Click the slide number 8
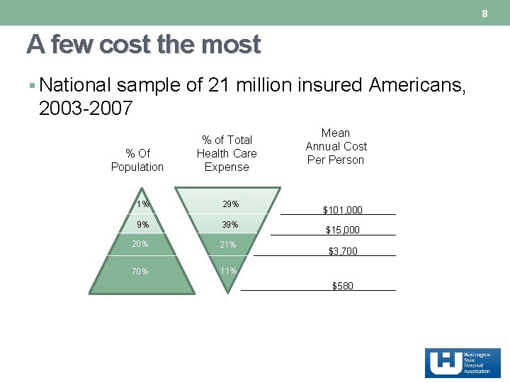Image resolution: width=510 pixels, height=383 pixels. click(485, 14)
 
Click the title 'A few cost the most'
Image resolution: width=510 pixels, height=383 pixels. click(144, 45)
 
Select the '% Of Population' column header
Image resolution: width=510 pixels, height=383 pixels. click(137, 160)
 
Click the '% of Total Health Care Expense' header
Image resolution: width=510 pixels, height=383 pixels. click(227, 153)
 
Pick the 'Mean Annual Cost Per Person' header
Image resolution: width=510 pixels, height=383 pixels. click(336, 147)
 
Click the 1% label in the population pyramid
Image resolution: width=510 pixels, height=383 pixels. click(143, 204)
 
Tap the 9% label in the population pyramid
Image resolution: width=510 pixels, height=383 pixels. click(143, 226)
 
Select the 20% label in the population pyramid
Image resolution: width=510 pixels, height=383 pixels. click(140, 243)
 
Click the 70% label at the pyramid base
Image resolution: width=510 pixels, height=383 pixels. click(140, 271)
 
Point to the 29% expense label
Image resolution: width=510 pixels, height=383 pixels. click(230, 204)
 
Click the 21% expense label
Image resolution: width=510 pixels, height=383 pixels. click(227, 245)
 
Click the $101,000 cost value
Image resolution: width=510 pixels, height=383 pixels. click(343, 210)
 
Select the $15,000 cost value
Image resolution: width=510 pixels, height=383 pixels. click(343, 230)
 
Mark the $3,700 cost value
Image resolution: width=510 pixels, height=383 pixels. click(343, 251)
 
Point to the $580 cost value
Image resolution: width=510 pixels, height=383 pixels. click(343, 286)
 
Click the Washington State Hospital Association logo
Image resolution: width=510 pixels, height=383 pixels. click(463, 363)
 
